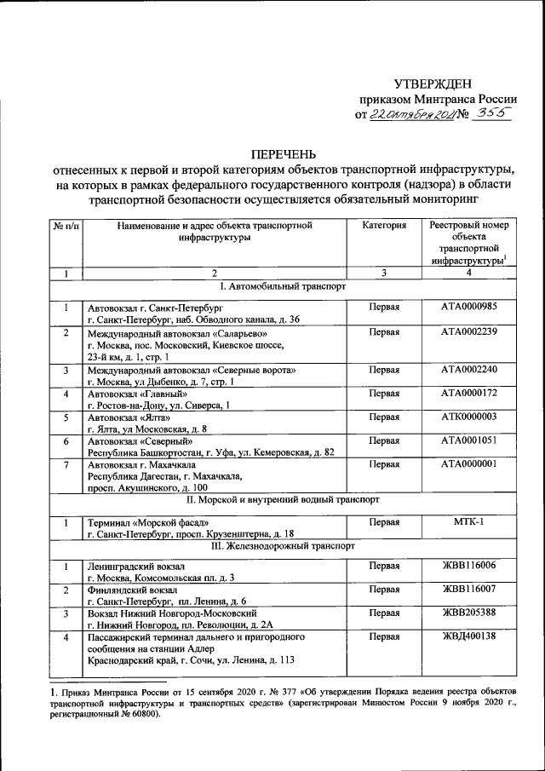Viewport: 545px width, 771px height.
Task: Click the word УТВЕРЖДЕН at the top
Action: click(x=432, y=83)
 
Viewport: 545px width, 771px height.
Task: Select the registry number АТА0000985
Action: click(x=469, y=307)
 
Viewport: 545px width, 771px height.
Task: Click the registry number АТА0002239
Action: click(x=469, y=332)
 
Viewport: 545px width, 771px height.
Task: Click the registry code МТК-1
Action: click(x=469, y=521)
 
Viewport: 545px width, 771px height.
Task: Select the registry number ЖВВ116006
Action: click(x=469, y=565)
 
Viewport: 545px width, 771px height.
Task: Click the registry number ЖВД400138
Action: click(x=469, y=636)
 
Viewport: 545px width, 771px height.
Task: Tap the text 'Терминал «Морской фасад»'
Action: click(x=146, y=521)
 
